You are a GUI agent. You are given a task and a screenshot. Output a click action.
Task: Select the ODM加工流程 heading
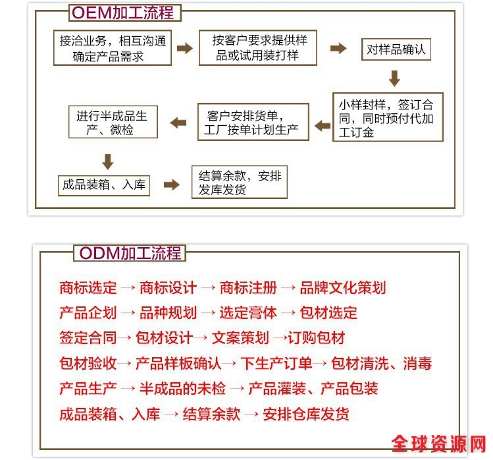(130, 253)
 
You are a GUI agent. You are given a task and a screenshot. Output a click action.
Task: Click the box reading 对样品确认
(396, 49)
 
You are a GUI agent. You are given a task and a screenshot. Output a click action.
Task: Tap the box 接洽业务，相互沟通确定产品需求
(113, 48)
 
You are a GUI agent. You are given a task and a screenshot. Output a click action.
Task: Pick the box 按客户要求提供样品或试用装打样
(258, 48)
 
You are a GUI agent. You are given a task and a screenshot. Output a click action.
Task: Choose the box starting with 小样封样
(388, 117)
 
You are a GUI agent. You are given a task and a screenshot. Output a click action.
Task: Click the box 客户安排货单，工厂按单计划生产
(253, 122)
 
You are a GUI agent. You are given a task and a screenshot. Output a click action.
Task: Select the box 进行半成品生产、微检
(113, 122)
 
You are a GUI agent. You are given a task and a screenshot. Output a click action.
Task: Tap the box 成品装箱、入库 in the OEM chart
(104, 186)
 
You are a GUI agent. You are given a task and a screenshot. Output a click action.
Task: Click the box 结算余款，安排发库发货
(240, 183)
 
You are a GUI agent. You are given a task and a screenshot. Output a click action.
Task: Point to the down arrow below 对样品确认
(394, 78)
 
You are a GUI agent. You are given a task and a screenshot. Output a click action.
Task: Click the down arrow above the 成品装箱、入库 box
(108, 162)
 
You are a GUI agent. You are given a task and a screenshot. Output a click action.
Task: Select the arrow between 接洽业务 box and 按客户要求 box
(185, 48)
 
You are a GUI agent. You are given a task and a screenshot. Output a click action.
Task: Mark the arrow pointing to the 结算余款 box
(172, 185)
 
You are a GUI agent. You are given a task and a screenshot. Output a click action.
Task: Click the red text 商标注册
(248, 288)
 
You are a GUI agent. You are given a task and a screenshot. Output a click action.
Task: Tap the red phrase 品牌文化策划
(343, 288)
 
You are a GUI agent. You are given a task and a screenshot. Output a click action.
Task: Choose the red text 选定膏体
(248, 313)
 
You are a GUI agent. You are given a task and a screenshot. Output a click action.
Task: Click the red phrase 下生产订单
(276, 363)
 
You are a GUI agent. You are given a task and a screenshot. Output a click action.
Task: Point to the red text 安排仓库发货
(306, 414)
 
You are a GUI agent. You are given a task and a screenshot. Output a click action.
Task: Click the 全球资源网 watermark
(439, 444)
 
